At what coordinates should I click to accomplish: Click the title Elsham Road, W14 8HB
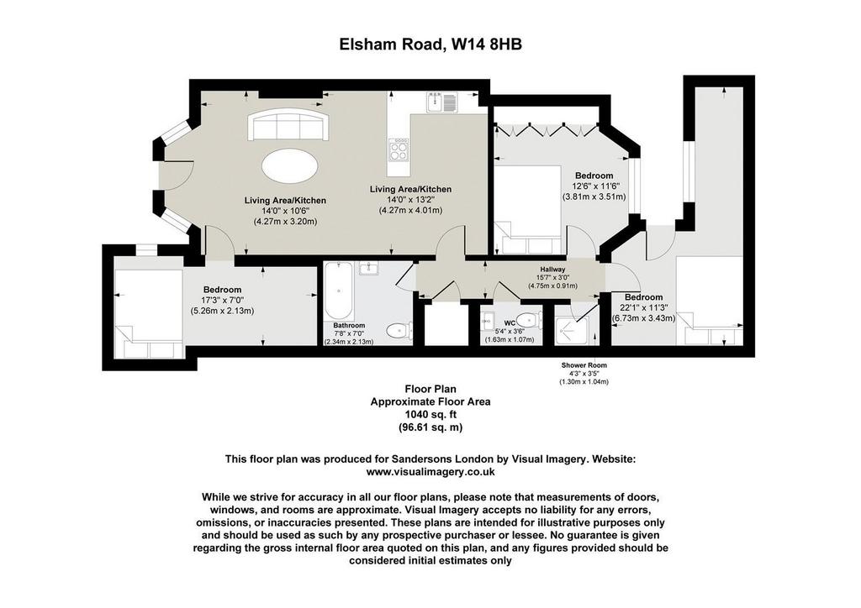[x=430, y=44]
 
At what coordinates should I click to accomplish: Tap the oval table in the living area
[x=289, y=166]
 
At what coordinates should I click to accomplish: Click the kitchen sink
[x=441, y=102]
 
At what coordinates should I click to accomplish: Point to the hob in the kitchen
[x=399, y=149]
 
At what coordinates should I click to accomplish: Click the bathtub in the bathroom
[x=338, y=291]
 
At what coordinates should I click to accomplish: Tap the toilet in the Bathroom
[x=398, y=331]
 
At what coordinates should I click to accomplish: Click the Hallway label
[x=552, y=270]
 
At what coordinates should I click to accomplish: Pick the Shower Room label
[x=584, y=365]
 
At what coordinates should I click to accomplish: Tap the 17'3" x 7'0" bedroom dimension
[x=222, y=300]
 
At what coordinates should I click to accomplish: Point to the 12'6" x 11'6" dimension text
[x=594, y=186]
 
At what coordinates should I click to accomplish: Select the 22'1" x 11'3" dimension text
[x=643, y=307]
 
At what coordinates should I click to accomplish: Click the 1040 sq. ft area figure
[x=430, y=415]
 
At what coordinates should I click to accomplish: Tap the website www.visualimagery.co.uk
[x=430, y=472]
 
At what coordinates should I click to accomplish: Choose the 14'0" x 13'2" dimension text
[x=410, y=200]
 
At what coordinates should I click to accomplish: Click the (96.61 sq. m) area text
[x=430, y=427]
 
